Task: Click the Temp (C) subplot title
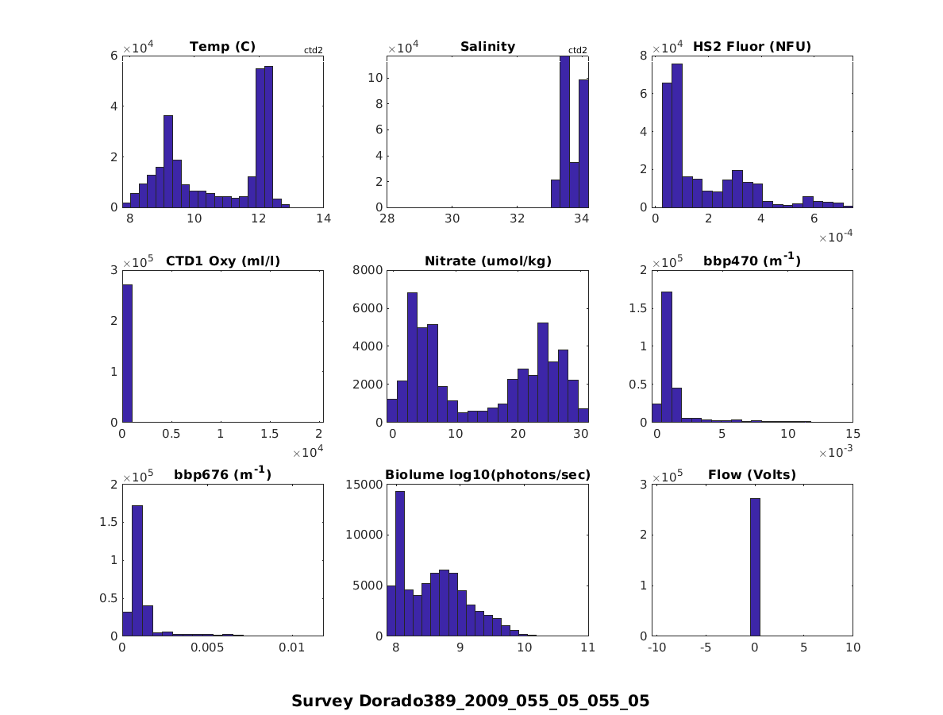point(222,47)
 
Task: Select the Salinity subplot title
point(487,47)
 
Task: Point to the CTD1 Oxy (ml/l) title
point(222,261)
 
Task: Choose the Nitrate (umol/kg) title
point(487,261)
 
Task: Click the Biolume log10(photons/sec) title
point(487,475)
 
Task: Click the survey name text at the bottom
point(470,701)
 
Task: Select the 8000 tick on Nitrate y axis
point(370,270)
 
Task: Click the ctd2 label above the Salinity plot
point(578,51)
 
